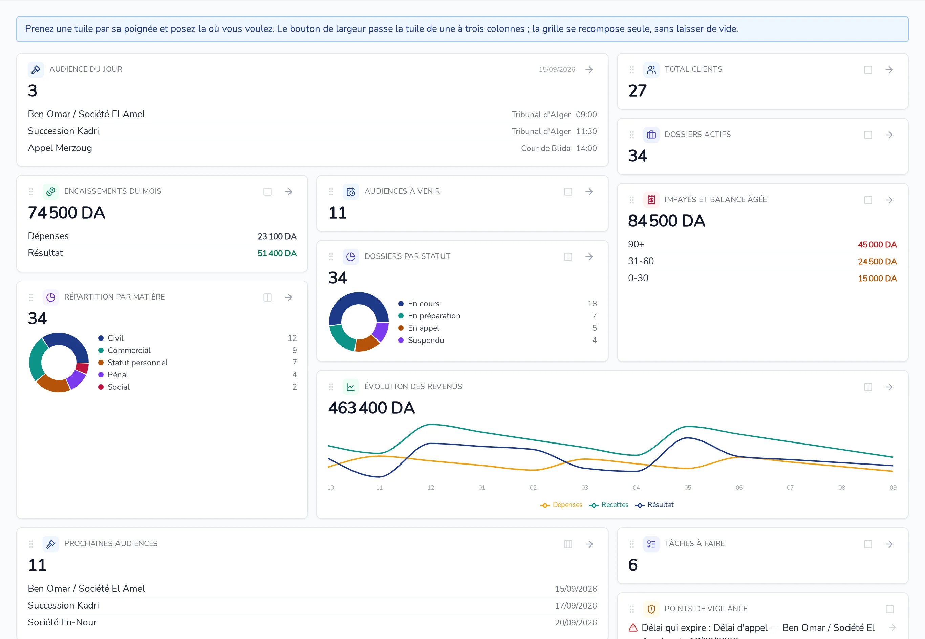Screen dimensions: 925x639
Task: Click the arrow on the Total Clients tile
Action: click(x=889, y=70)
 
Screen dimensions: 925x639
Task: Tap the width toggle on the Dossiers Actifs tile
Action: click(x=868, y=135)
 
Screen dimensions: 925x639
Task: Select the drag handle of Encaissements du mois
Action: click(x=31, y=192)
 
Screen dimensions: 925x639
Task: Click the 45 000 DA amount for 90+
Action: click(x=877, y=245)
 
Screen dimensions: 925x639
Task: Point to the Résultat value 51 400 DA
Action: click(x=277, y=253)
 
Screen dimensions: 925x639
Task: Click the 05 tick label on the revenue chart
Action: click(x=687, y=488)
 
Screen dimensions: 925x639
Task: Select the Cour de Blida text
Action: click(x=546, y=148)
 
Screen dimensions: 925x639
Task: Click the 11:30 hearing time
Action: click(x=586, y=132)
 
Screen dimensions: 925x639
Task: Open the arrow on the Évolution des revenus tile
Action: click(x=889, y=387)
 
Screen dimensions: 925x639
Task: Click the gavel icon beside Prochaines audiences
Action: click(x=51, y=544)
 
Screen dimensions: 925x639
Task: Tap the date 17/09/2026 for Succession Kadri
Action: click(x=576, y=606)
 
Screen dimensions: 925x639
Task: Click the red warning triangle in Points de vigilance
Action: click(x=633, y=627)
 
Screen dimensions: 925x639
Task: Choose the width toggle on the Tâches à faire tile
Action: click(x=868, y=544)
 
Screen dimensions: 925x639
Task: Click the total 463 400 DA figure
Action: click(x=371, y=408)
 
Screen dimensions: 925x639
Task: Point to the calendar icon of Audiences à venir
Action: click(x=351, y=192)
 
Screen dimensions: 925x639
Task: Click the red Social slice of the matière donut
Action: click(x=82, y=368)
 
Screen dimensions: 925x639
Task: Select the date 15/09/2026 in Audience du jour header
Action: click(x=557, y=70)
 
